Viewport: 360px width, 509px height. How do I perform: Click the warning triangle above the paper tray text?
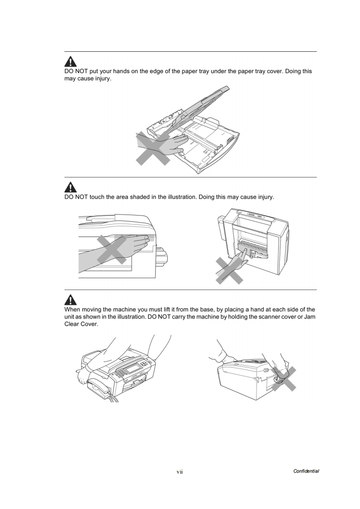click(x=70, y=62)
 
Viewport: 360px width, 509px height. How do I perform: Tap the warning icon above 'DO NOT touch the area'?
click(x=70, y=186)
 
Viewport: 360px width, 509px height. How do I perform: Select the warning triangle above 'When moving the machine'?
click(x=70, y=299)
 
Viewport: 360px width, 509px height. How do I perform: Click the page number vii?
click(x=179, y=472)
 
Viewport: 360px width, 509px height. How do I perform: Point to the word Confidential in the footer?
click(x=306, y=471)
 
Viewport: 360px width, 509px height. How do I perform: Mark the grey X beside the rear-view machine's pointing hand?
click(x=229, y=271)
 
